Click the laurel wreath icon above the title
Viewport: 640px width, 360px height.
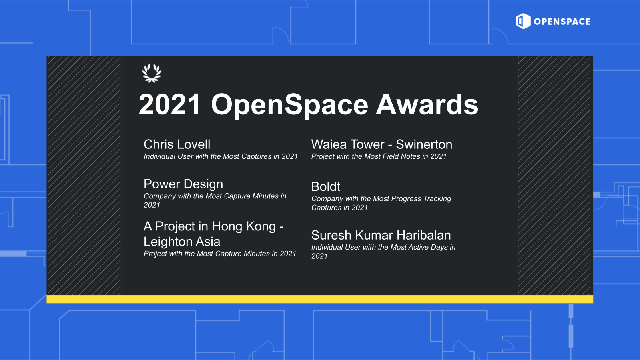[x=152, y=73]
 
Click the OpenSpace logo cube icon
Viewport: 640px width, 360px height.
[x=523, y=21]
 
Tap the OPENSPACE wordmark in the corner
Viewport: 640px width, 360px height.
[x=562, y=22]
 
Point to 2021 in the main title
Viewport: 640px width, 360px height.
[x=169, y=104]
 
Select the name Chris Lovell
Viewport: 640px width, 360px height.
[x=177, y=144]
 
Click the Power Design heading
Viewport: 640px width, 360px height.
[x=183, y=184]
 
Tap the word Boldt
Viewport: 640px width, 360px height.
[x=326, y=186]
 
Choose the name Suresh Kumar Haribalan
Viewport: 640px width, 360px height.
[x=381, y=235]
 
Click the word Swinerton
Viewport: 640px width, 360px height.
[x=424, y=144]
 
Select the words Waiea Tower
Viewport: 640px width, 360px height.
[x=347, y=144]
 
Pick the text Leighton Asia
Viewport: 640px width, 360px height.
[x=182, y=242]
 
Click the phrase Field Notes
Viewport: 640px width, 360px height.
[x=401, y=156]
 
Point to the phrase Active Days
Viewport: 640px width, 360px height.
[x=427, y=247]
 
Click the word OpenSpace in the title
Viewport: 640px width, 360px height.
[x=289, y=104]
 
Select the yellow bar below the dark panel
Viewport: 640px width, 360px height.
[x=319, y=299]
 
